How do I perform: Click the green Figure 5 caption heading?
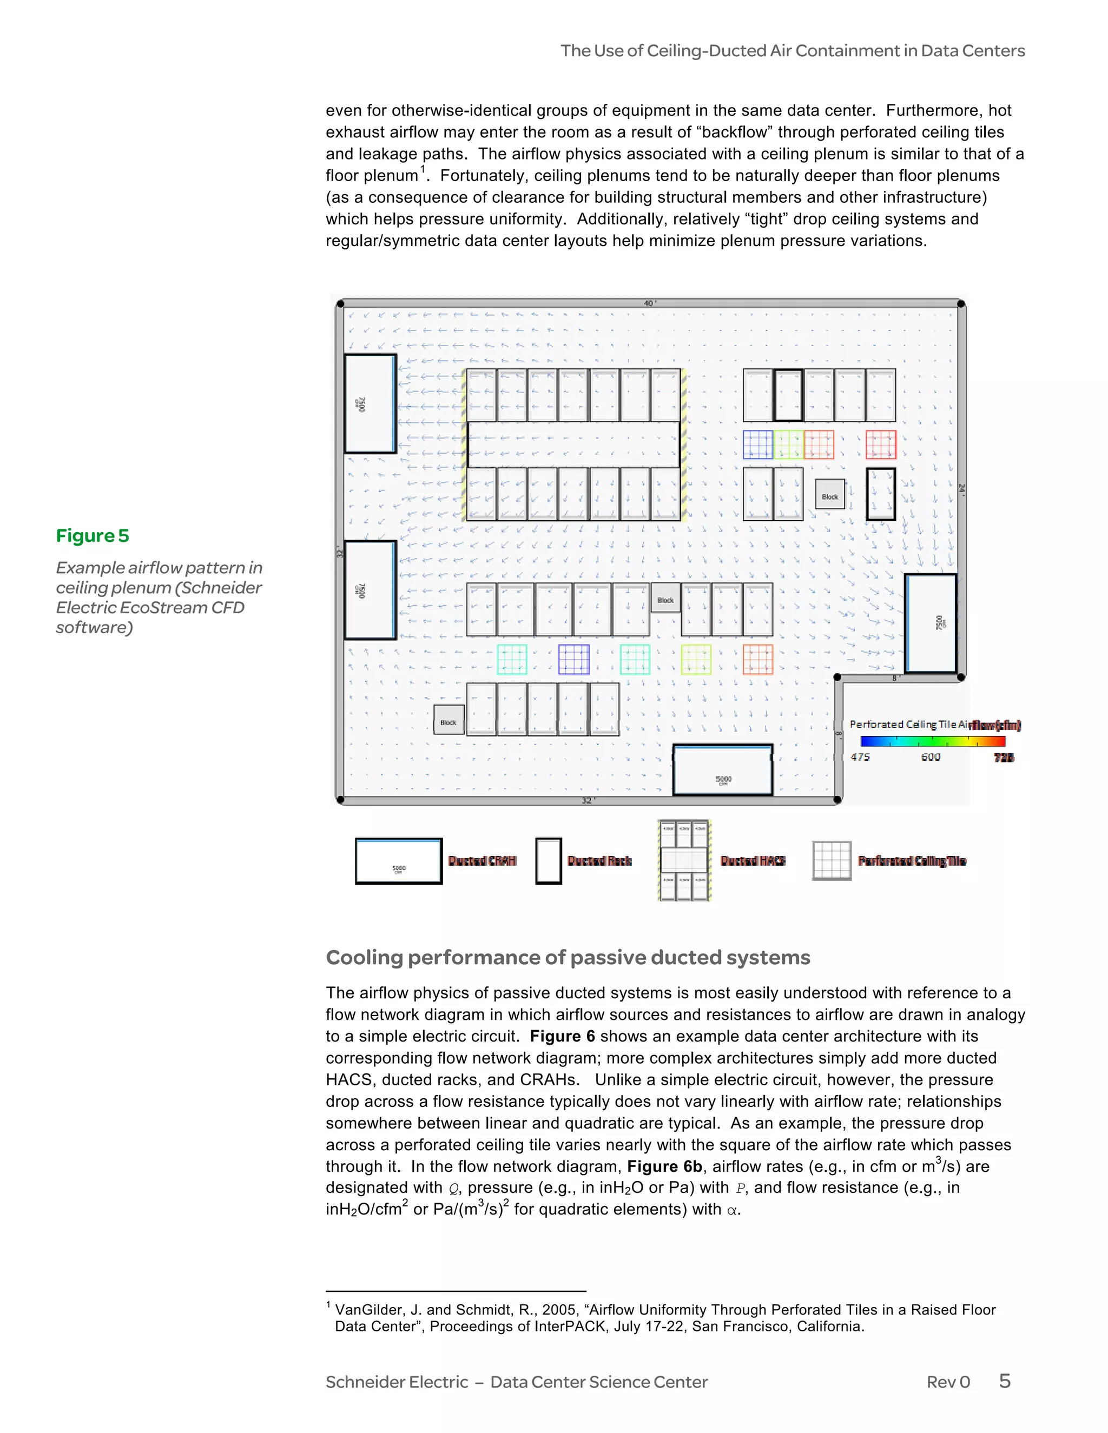[93, 535]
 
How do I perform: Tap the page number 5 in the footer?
[1004, 1381]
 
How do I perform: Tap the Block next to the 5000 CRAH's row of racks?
[449, 720]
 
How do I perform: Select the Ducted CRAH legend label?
[482, 861]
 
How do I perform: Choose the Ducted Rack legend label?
[599, 861]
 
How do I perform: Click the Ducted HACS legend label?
[753, 861]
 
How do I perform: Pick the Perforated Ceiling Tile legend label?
[912, 861]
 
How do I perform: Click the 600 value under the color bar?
[930, 757]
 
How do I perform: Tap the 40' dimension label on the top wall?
[650, 303]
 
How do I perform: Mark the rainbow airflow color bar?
[933, 741]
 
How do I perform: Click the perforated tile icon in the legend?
[832, 860]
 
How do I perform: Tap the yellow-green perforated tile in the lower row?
[696, 659]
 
